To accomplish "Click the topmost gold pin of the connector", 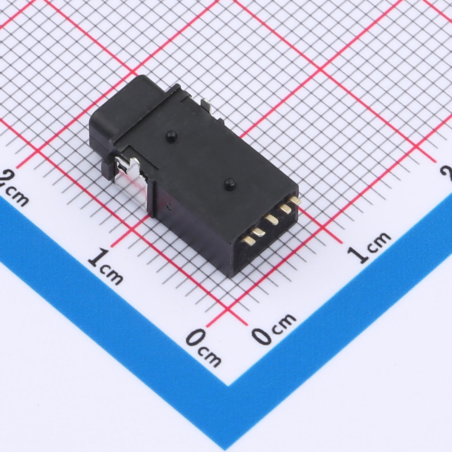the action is coord(295,200).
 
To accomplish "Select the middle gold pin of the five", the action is coord(272,219).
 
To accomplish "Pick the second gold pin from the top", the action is coord(286,208).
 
